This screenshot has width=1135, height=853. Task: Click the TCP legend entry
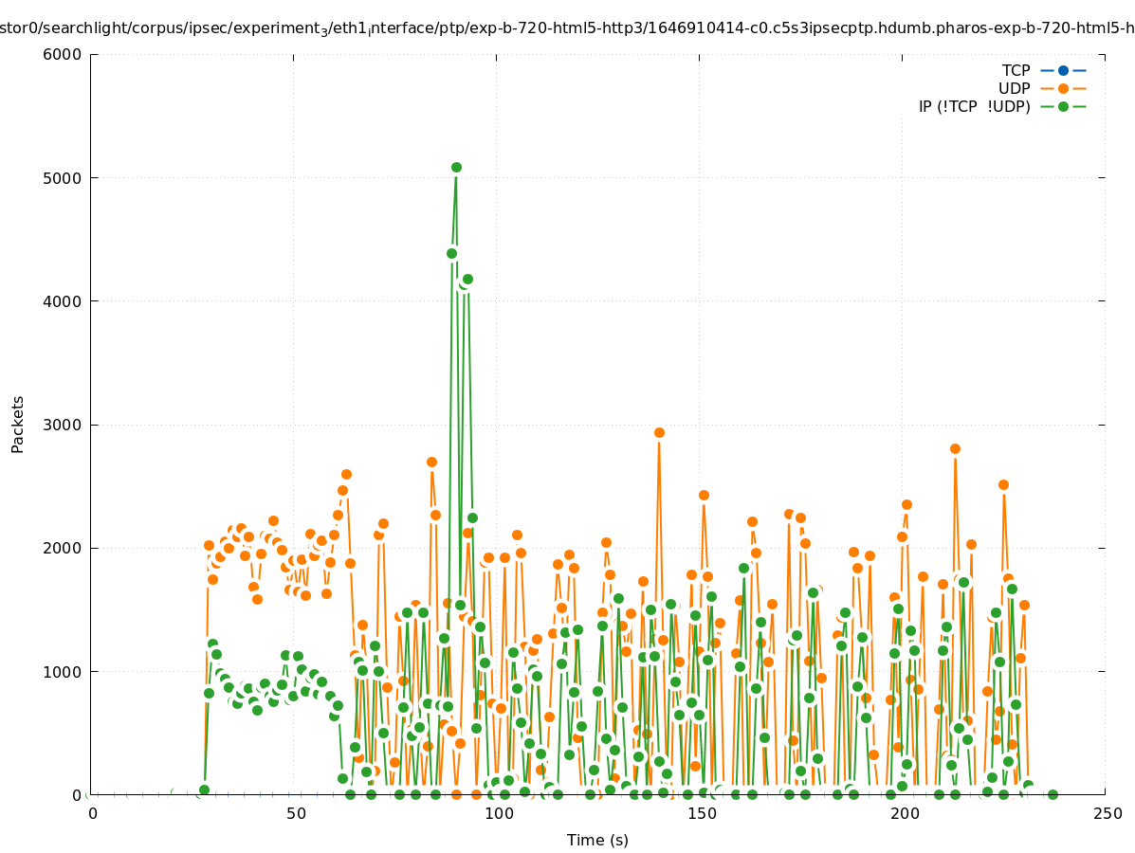(1016, 70)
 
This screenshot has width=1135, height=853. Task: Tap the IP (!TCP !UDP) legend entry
(974, 106)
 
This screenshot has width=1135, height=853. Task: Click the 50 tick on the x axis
(296, 813)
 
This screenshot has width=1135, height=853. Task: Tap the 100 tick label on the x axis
(499, 813)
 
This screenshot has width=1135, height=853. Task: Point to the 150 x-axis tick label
(702, 813)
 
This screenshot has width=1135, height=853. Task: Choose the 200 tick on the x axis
(905, 813)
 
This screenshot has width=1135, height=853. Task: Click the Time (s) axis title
(597, 840)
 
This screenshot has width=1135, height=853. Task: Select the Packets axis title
(18, 425)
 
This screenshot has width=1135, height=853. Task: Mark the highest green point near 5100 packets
(456, 167)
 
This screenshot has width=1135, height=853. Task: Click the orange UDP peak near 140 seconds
(659, 432)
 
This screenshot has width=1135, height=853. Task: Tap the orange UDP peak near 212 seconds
(955, 448)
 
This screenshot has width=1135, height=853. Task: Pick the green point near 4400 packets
(451, 253)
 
